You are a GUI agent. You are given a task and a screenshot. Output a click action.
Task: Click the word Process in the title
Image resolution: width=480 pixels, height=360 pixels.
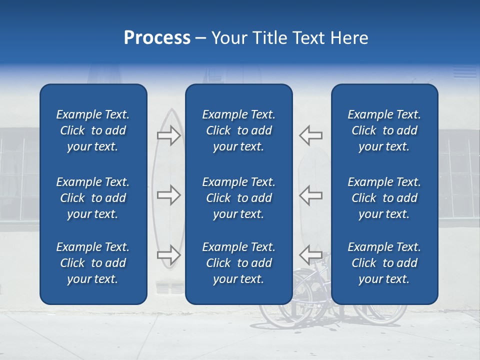pyautogui.click(x=157, y=38)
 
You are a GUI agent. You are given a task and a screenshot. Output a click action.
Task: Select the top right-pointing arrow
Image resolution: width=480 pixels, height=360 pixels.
pyautogui.click(x=168, y=135)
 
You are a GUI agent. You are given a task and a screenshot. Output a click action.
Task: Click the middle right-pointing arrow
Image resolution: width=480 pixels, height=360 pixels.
pyautogui.click(x=168, y=195)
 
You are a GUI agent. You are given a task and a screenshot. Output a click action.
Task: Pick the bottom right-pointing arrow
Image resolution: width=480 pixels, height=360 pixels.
pyautogui.click(x=168, y=255)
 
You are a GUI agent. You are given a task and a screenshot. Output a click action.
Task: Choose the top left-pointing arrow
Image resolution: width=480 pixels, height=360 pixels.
pyautogui.click(x=311, y=135)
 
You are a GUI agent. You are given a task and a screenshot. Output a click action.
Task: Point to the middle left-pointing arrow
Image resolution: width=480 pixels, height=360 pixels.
pyautogui.click(x=311, y=195)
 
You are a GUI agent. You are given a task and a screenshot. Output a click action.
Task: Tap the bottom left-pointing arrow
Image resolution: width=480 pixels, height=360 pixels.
pyautogui.click(x=311, y=255)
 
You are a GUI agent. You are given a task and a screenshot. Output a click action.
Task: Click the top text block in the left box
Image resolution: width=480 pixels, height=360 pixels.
pyautogui.click(x=93, y=130)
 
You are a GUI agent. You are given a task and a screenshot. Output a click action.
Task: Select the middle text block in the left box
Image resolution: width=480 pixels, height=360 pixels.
pyautogui.click(x=93, y=198)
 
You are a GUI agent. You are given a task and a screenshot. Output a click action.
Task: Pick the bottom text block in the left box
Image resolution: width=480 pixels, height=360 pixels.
pyautogui.click(x=93, y=263)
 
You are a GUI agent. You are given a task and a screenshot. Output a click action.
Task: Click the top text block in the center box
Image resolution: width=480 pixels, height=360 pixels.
pyautogui.click(x=239, y=130)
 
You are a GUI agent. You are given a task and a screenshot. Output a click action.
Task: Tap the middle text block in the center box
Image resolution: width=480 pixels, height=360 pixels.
pyautogui.click(x=239, y=198)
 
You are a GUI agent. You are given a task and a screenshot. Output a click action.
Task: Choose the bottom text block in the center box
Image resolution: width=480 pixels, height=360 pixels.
pyautogui.click(x=239, y=263)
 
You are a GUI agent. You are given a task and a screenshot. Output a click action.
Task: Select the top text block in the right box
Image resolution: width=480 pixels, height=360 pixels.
pyautogui.click(x=384, y=130)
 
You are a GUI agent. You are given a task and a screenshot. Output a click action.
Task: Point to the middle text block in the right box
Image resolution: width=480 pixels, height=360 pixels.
pyautogui.click(x=384, y=198)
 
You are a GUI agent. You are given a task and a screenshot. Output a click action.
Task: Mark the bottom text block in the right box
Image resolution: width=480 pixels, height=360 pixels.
pyautogui.click(x=384, y=263)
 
